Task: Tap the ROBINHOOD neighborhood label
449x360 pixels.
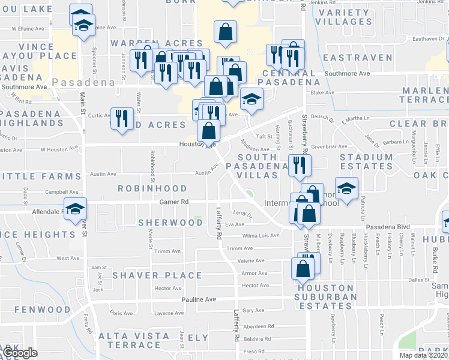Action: point(152,188)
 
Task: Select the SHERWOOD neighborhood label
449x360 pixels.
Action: point(170,222)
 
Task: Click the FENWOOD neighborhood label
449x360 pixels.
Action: point(42,310)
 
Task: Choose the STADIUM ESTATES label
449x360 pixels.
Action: point(366,161)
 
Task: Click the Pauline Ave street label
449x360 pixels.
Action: point(199,299)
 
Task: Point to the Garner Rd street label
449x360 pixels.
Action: point(174,202)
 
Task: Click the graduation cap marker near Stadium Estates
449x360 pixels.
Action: point(346,188)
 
